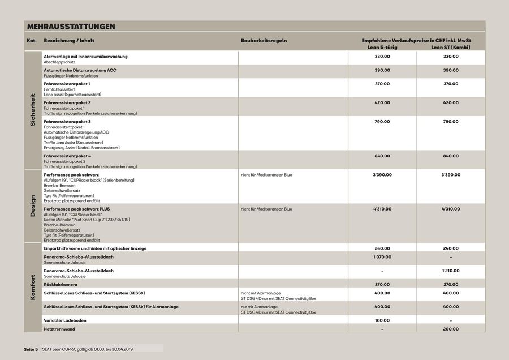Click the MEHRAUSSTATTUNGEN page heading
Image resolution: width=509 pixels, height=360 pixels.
71,27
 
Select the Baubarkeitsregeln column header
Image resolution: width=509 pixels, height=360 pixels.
264,41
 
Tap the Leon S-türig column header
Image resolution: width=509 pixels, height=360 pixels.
382,47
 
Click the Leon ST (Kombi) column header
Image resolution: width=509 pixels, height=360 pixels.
450,47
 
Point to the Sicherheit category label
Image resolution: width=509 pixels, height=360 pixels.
33,109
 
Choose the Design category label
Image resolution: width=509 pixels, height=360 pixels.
33,205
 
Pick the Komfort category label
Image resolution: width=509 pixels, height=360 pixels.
33,287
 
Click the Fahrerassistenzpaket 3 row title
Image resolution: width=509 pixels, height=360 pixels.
67,122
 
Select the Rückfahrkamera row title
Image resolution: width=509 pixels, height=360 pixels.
61,284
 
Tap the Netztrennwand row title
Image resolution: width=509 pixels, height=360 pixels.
60,328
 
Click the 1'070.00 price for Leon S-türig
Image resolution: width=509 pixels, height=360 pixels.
382,257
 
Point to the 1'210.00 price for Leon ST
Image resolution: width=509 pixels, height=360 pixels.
450,271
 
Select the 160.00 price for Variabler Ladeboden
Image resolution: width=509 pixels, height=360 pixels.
382,320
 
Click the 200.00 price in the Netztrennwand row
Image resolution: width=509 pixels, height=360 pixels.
450,328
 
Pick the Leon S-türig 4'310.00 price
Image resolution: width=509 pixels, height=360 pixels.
382,209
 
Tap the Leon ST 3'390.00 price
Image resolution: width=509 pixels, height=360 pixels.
450,175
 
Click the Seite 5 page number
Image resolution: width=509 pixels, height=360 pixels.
31,349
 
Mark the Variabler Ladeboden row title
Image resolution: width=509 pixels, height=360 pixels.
64,320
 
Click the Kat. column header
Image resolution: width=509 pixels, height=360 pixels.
32,41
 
